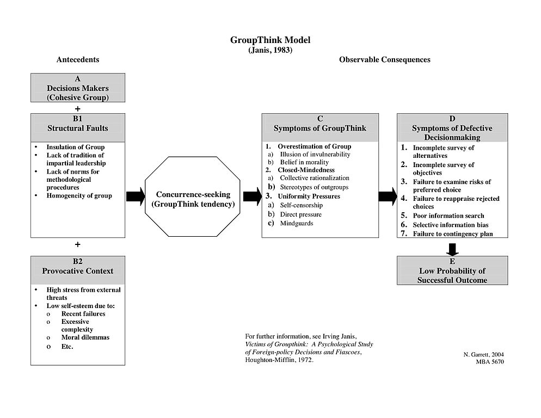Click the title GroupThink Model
click(x=270, y=40)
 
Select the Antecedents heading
click(x=78, y=59)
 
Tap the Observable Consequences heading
click(x=384, y=59)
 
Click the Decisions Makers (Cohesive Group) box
click(x=78, y=88)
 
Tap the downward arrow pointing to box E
click(x=452, y=248)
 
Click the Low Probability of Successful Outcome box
click(x=452, y=271)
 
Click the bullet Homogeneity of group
click(x=79, y=195)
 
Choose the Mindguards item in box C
click(x=297, y=223)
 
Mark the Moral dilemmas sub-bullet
click(x=85, y=337)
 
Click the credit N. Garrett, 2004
click(x=483, y=354)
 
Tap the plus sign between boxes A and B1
click(x=78, y=108)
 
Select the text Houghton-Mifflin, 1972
click(x=279, y=360)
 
